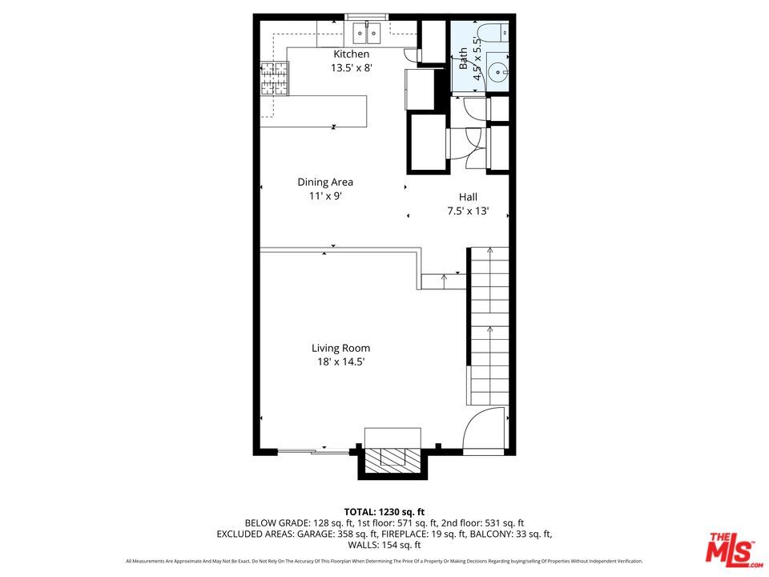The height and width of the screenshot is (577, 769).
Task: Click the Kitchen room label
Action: pyautogui.click(x=351, y=54)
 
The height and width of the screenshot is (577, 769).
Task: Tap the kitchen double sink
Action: pyautogui.click(x=367, y=33)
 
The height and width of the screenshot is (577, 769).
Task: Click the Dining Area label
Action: pyautogui.click(x=325, y=182)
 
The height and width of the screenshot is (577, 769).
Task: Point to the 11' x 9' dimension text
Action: pyautogui.click(x=325, y=196)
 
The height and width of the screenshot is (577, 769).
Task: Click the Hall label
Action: pyautogui.click(x=468, y=197)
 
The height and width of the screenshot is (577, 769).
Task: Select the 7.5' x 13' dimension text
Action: pyautogui.click(x=468, y=212)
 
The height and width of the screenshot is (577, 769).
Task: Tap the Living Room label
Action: pyautogui.click(x=340, y=348)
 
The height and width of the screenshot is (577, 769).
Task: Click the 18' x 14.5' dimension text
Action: pyautogui.click(x=340, y=362)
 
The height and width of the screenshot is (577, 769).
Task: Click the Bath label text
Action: pyautogui.click(x=463, y=59)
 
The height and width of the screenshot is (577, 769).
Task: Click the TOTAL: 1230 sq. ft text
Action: pyautogui.click(x=384, y=511)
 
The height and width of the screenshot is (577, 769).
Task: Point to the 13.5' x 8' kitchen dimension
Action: pyautogui.click(x=351, y=68)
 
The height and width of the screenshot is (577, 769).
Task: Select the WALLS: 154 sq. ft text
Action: pyautogui.click(x=384, y=545)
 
